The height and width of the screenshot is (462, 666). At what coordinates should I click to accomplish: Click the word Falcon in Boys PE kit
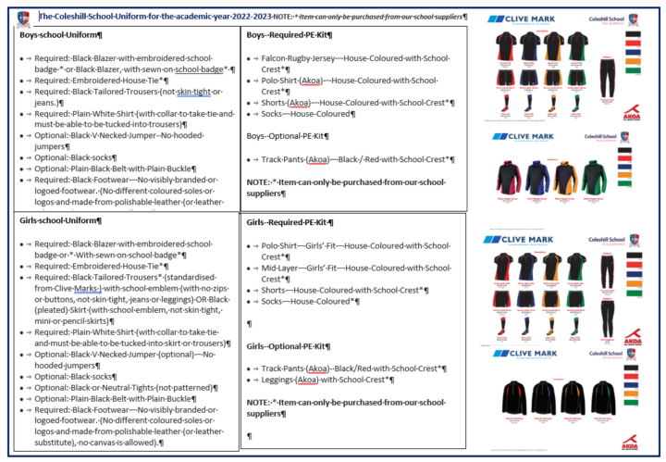[x=277, y=57]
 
